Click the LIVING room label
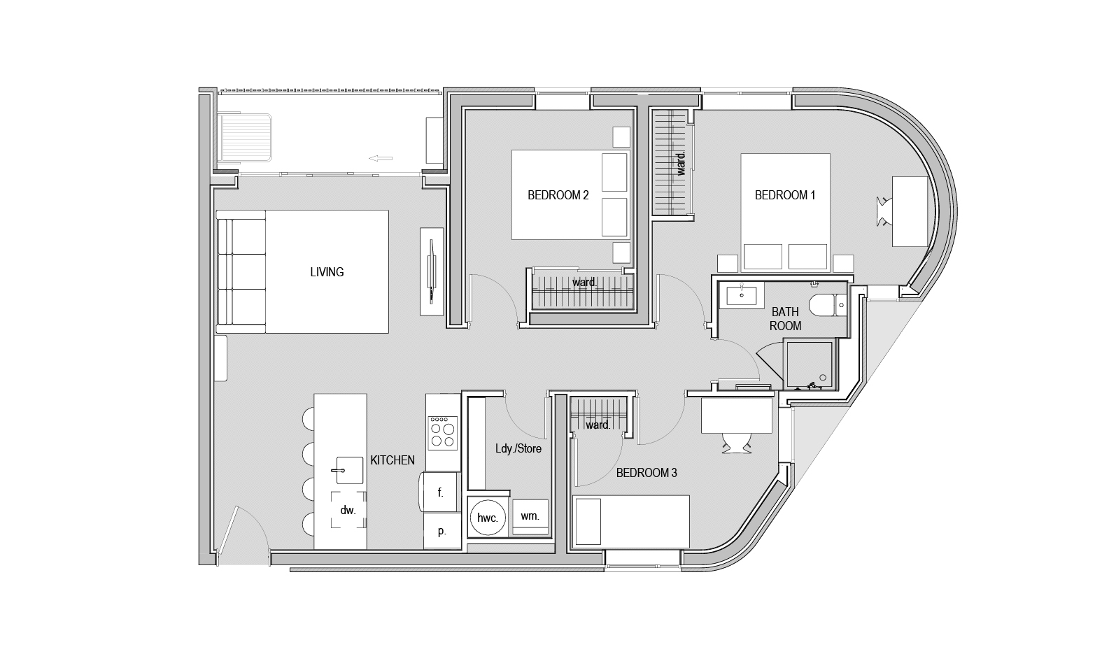(x=327, y=272)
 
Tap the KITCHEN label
(x=392, y=460)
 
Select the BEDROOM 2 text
(x=558, y=195)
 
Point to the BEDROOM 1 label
(x=784, y=195)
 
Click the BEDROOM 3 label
(x=647, y=473)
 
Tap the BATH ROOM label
(x=785, y=319)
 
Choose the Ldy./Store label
(x=518, y=448)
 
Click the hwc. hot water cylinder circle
(x=488, y=518)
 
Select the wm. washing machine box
(x=530, y=517)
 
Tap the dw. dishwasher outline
(x=348, y=510)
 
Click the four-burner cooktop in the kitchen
(x=443, y=433)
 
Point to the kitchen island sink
(x=350, y=471)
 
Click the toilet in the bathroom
(x=828, y=305)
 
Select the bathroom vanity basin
(x=742, y=296)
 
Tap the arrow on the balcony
(x=381, y=158)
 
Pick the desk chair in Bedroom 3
(x=737, y=443)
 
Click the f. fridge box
(x=440, y=492)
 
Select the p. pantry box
(x=442, y=531)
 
